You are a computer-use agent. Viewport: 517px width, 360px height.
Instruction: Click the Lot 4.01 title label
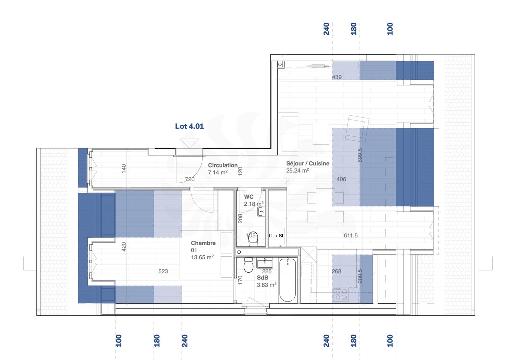click(x=189, y=126)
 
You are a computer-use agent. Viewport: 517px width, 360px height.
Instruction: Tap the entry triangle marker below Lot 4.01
click(x=189, y=143)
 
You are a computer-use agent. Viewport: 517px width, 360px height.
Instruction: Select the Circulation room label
click(x=223, y=165)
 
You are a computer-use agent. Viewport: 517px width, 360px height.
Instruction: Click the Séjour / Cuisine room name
click(x=307, y=163)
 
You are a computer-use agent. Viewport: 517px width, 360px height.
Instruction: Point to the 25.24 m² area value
click(x=297, y=171)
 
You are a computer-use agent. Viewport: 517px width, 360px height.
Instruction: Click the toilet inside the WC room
click(x=253, y=239)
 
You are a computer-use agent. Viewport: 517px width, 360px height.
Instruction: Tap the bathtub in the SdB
click(x=287, y=280)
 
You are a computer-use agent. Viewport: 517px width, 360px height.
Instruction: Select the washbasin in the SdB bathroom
click(x=264, y=264)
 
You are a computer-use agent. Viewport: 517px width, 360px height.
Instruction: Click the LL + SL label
click(x=276, y=236)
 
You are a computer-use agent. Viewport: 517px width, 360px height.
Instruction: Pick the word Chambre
click(x=203, y=243)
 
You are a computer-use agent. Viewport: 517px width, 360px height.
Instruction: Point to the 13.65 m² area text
click(x=202, y=257)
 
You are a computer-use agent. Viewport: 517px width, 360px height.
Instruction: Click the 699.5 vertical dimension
click(x=360, y=155)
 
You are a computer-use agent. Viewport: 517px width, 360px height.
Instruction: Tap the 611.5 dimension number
click(x=351, y=236)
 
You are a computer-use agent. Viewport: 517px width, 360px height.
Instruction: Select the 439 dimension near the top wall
click(x=337, y=77)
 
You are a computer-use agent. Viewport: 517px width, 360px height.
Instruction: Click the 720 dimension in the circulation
click(x=190, y=179)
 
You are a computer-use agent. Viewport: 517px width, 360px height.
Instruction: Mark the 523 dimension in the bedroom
click(x=163, y=271)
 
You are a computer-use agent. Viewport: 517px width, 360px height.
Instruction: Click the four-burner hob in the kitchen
click(x=341, y=295)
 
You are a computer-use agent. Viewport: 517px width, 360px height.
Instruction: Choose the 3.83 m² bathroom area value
click(x=266, y=285)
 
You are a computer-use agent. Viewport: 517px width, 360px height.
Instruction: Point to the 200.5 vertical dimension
click(x=360, y=276)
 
